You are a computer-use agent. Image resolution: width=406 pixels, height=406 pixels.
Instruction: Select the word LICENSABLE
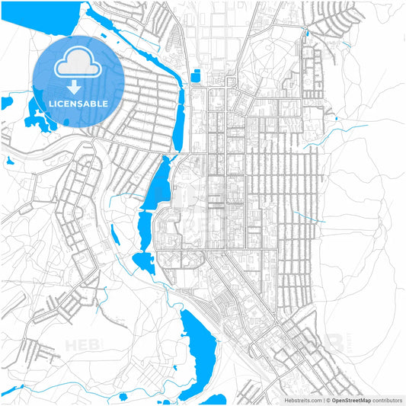click(x=78, y=103)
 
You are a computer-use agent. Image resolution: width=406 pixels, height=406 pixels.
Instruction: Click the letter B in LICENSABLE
click(x=95, y=103)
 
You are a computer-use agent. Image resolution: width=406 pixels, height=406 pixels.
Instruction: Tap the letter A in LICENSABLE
click(x=89, y=103)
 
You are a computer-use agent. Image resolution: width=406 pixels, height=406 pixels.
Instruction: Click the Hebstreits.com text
click(x=301, y=399)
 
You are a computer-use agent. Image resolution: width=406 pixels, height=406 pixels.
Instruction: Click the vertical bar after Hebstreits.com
click(x=323, y=399)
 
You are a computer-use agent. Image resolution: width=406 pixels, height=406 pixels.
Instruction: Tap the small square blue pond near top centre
click(x=197, y=75)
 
